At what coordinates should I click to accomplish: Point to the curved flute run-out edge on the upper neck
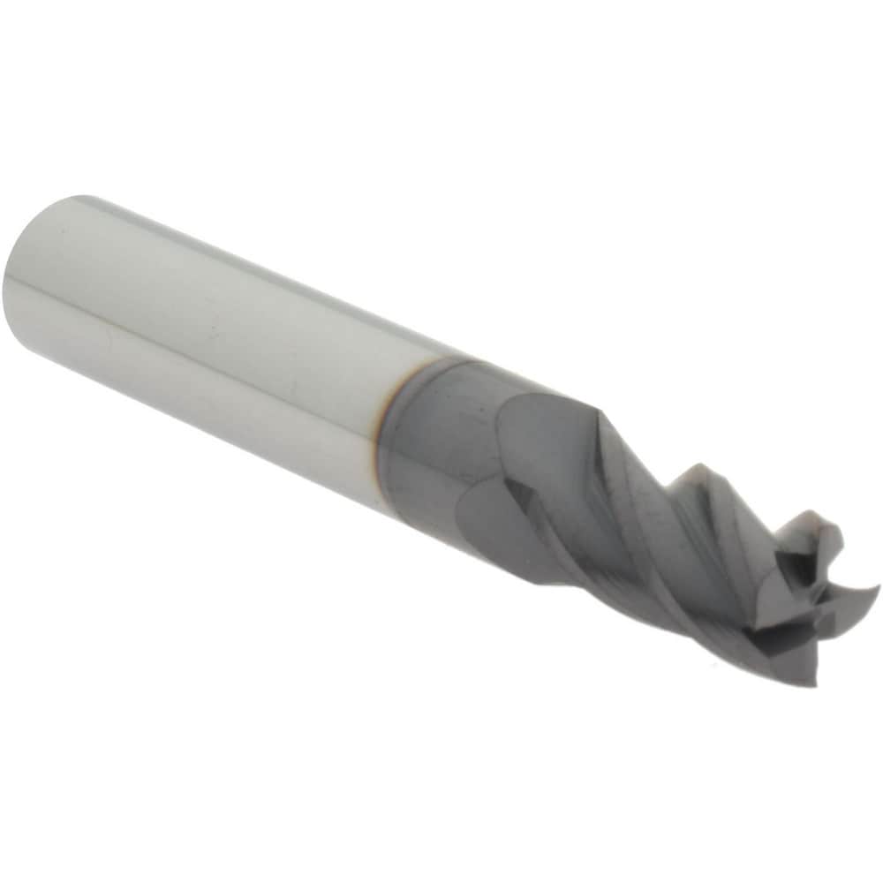point(512,415)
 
